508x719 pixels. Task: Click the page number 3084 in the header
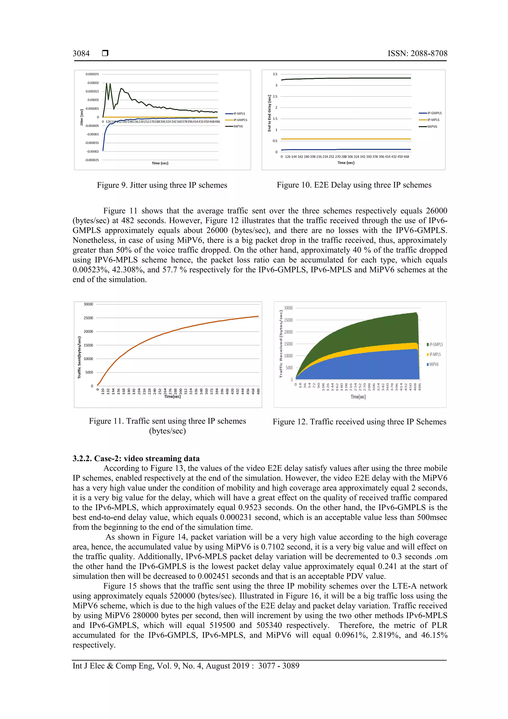tap(81, 54)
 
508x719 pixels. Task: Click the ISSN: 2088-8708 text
tap(417, 54)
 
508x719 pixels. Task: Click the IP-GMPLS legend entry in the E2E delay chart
tap(434, 113)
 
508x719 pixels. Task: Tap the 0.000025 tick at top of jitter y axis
tap(92, 74)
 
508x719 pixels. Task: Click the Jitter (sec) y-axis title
tap(82, 117)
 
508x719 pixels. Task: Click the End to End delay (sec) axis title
tap(269, 113)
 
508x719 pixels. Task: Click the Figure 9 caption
tap(162, 185)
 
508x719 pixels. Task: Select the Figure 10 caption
tap(354, 185)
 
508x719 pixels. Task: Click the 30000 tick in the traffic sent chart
tap(88, 304)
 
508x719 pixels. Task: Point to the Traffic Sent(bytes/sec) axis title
tap(79, 357)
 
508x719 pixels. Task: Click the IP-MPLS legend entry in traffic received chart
tap(435, 354)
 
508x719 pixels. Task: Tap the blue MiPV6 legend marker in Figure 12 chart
tap(428, 365)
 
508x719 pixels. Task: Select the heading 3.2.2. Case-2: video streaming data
tap(136, 458)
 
